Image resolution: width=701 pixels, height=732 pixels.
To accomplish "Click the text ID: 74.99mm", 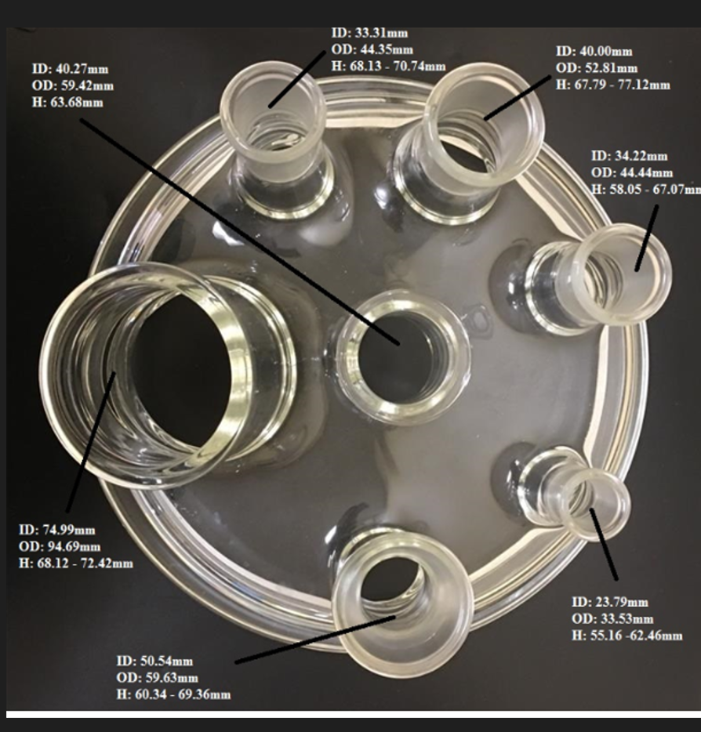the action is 57,530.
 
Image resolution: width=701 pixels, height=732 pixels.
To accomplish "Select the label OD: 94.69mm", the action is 60,547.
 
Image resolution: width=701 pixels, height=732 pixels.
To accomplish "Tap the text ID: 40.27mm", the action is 70,69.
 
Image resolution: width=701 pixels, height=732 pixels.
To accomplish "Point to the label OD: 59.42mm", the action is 73,86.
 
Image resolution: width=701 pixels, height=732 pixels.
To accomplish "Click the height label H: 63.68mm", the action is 67,102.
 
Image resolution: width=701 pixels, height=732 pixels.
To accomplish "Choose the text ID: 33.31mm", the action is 370,33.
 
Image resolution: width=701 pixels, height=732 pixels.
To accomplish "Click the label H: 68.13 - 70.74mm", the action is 389,67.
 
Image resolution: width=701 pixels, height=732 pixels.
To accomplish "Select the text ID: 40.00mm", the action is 594,52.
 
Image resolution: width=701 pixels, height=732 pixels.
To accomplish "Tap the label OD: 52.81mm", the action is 597,68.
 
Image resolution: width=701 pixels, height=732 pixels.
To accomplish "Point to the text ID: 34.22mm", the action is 630,156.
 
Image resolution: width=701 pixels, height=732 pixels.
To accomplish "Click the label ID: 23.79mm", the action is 610,602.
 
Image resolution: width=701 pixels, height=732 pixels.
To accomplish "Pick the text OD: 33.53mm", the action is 612,619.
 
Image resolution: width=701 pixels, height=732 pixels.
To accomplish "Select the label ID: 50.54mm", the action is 154,661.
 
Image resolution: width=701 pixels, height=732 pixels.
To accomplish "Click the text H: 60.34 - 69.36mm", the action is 174,694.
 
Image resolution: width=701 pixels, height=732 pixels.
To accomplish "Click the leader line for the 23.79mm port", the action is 604,545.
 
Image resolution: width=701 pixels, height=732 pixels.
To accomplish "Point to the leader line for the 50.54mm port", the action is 316,639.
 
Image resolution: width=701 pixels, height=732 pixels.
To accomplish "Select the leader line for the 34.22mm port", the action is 647,238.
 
